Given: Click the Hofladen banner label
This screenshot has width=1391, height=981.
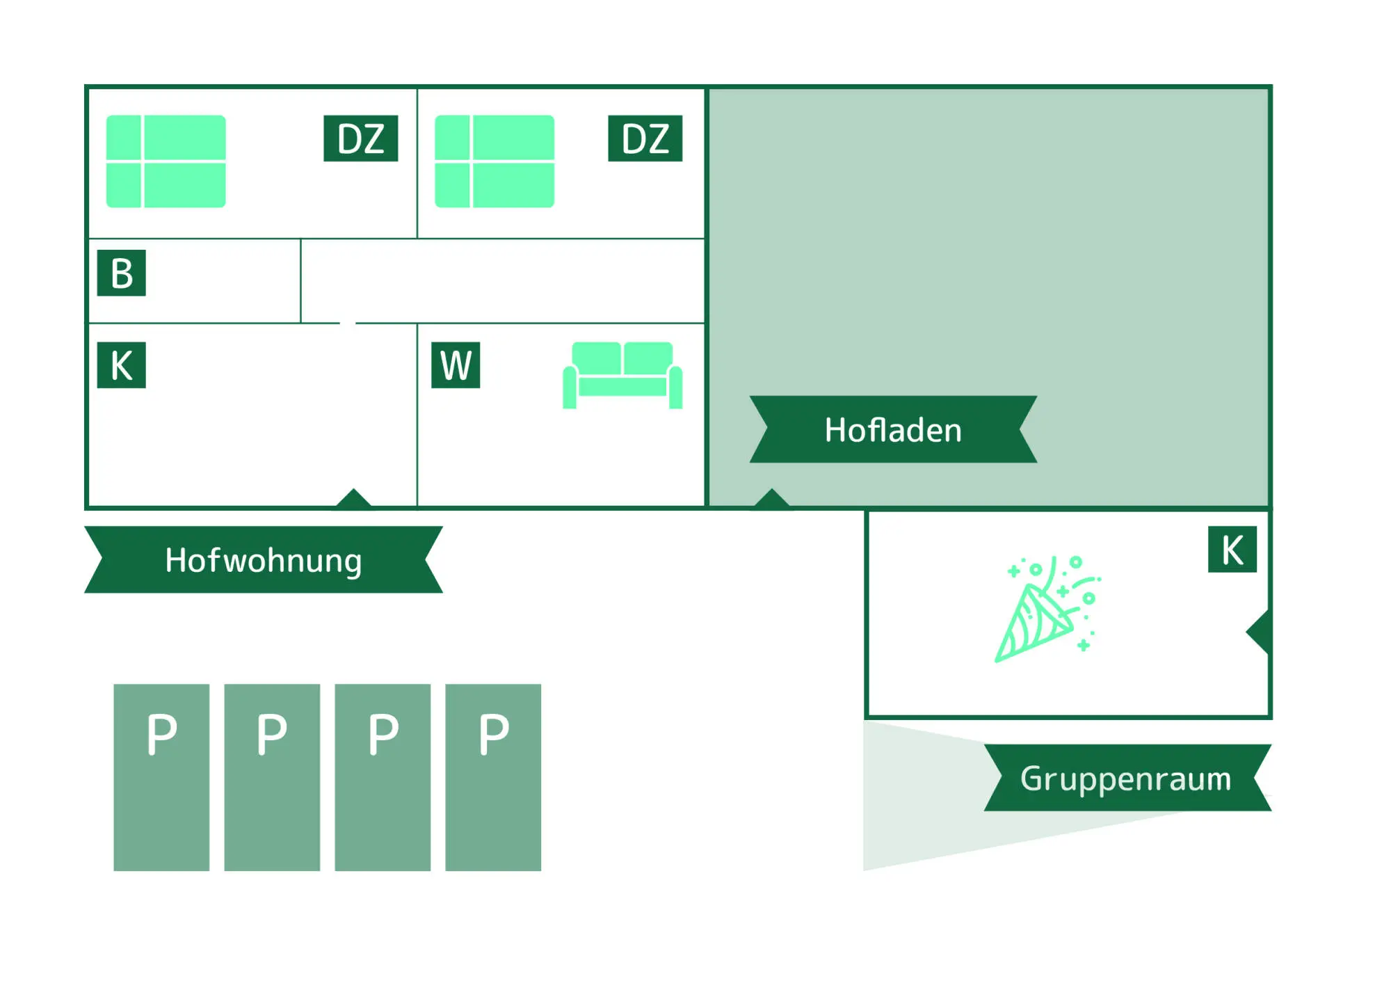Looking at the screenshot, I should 893,429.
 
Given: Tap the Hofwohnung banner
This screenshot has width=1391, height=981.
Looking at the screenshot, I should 263,559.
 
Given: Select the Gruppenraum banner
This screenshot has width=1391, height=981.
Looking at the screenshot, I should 1127,777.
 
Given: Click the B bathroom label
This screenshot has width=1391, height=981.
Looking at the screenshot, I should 121,273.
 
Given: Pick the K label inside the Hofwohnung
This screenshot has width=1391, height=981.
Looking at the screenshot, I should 121,365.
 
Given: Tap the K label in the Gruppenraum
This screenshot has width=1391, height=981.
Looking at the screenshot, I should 1232,549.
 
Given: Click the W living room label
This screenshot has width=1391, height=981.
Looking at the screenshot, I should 456,365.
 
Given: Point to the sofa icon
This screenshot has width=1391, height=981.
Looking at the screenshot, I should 622,375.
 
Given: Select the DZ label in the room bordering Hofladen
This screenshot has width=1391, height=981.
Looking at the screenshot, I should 645,138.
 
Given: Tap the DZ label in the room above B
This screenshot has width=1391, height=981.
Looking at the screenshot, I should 360,138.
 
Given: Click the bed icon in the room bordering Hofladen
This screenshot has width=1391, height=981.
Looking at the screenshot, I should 495,161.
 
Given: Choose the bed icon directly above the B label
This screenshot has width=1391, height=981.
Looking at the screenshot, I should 166,161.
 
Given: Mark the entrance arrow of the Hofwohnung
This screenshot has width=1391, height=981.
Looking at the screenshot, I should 353,498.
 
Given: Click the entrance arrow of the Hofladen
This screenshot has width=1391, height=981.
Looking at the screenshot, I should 771,498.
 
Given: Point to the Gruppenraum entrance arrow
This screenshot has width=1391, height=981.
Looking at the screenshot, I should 1259,632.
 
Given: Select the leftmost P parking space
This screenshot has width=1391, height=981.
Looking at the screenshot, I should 161,776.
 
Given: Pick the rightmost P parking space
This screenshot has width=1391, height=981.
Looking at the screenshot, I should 493,776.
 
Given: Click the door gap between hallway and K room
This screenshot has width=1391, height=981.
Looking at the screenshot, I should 348,323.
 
